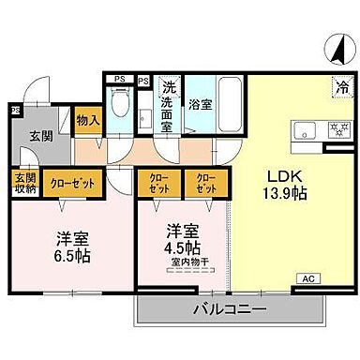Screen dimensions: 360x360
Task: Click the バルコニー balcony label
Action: [x=231, y=308]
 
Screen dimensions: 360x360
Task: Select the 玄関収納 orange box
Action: [x=24, y=183]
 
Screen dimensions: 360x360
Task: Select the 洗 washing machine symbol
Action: [x=170, y=84]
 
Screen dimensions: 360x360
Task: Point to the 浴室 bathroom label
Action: [x=199, y=105]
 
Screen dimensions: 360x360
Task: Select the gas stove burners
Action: [x=335, y=128]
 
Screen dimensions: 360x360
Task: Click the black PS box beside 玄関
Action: [x=15, y=111]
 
